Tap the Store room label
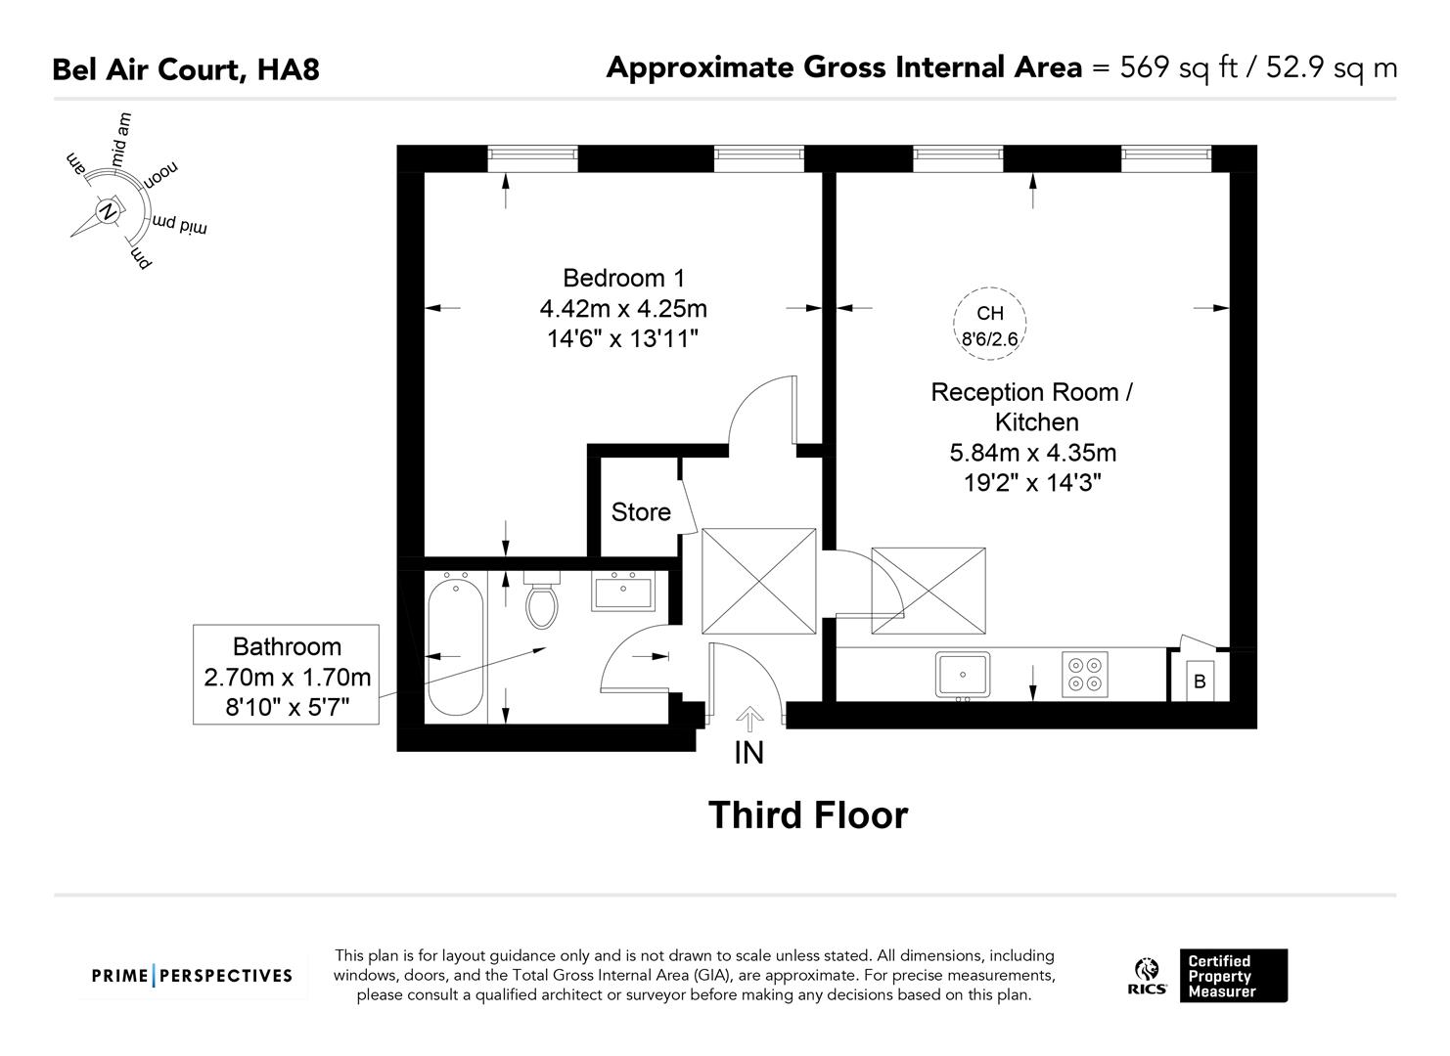click(x=641, y=512)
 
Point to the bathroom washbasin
click(x=621, y=593)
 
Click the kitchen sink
click(x=962, y=675)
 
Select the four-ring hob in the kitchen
click(x=1085, y=675)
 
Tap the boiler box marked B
click(x=1200, y=681)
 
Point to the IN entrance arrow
click(x=749, y=722)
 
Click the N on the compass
click(x=108, y=210)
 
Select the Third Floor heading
click(x=808, y=815)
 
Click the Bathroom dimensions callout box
click(x=286, y=676)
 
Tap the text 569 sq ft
click(x=1185, y=67)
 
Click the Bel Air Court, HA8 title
click(x=186, y=69)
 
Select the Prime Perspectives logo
click(x=192, y=976)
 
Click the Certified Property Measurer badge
click(x=1233, y=976)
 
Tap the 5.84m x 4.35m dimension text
click(x=1033, y=453)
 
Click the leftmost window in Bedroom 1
click(x=532, y=154)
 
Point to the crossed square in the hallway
click(x=759, y=584)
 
